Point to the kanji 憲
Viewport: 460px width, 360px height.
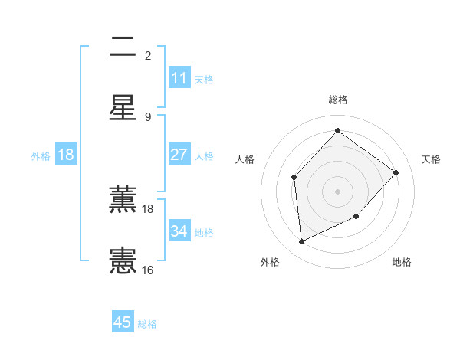[x=123, y=260]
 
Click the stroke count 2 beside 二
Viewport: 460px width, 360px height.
[x=148, y=55]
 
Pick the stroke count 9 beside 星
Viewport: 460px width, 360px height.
[x=148, y=116]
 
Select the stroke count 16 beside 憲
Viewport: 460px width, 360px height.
[x=148, y=270]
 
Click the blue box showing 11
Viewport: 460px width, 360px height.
[x=179, y=78]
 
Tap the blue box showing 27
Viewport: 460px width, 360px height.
[x=179, y=155]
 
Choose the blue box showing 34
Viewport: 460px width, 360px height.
[x=179, y=231]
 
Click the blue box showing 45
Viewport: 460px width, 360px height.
[x=123, y=322]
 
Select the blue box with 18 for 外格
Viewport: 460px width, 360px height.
[x=66, y=155]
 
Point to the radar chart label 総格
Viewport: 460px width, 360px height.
[x=338, y=100]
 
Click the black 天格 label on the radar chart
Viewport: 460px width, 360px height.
[x=431, y=159]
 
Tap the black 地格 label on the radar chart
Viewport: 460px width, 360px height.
[x=402, y=262]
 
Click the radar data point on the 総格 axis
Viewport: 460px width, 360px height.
[x=337, y=131]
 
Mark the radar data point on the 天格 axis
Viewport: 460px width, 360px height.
[x=396, y=172]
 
